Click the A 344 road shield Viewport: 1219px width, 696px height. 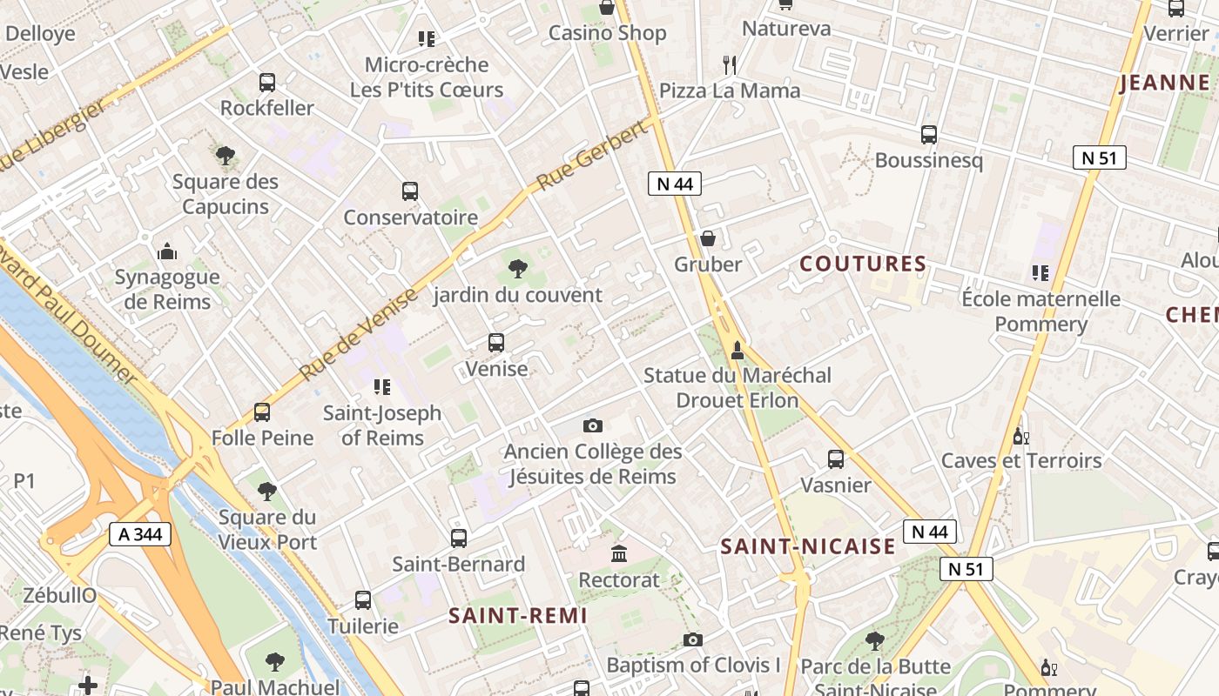pyautogui.click(x=140, y=533)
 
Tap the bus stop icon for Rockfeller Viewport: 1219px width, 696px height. pyautogui.click(x=267, y=83)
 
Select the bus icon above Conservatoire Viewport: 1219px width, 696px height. pyautogui.click(x=410, y=191)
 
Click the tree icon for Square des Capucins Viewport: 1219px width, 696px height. pyautogui.click(x=226, y=156)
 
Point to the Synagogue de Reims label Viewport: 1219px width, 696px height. pyautogui.click(x=167, y=290)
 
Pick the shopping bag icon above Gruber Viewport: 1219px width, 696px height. pyautogui.click(x=708, y=238)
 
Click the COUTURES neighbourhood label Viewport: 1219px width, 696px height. pyautogui.click(x=863, y=264)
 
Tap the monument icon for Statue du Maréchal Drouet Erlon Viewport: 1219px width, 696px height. pyautogui.click(x=737, y=350)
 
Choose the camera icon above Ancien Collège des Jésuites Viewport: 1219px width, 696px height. pyautogui.click(x=593, y=425)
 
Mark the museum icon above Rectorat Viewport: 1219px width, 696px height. pyautogui.click(x=619, y=553)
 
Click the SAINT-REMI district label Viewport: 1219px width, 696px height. pyautogui.click(x=518, y=615)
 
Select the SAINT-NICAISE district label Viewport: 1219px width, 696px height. pyautogui.click(x=808, y=546)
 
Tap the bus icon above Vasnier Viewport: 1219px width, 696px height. pyautogui.click(x=836, y=458)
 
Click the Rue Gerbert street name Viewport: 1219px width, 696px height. pyautogui.click(x=594, y=155)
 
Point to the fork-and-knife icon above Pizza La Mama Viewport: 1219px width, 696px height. pyautogui.click(x=730, y=64)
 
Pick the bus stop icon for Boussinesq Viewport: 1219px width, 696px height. pyautogui.click(x=929, y=135)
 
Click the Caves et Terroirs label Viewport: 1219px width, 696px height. pyautogui.click(x=1021, y=460)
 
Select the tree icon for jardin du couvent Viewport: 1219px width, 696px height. pyautogui.click(x=518, y=269)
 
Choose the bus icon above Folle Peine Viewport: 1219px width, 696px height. pyautogui.click(x=262, y=412)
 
